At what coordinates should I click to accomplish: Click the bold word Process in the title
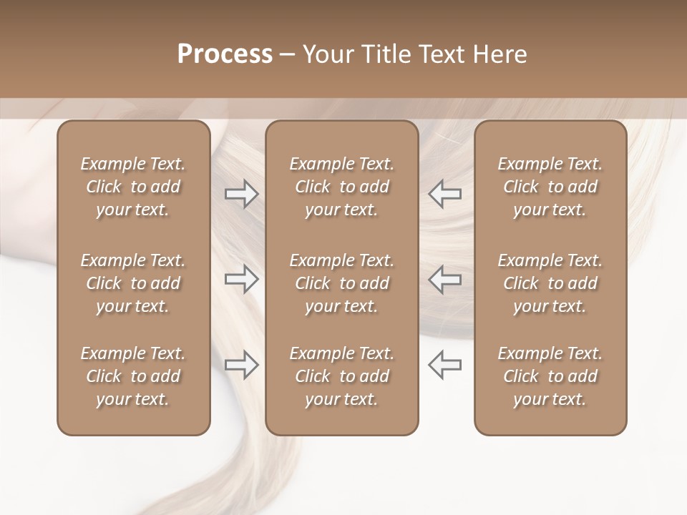click(x=225, y=54)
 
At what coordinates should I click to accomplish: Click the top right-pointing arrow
click(x=241, y=194)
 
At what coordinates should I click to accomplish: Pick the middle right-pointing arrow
click(x=241, y=279)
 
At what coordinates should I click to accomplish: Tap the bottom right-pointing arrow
click(x=241, y=365)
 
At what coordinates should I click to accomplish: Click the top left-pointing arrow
click(x=444, y=194)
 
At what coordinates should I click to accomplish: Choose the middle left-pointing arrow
click(x=444, y=279)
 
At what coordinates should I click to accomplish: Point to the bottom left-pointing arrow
click(x=444, y=365)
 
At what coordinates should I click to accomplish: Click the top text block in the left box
click(x=133, y=187)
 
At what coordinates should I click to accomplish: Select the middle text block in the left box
click(x=133, y=283)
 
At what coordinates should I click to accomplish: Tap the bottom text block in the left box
click(x=133, y=376)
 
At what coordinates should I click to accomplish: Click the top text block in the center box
click(x=341, y=187)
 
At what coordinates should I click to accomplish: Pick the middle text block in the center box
click(x=341, y=283)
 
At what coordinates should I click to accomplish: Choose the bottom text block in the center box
click(x=341, y=376)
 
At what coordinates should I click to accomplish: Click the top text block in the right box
click(x=550, y=187)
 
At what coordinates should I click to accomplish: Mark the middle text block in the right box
click(x=550, y=283)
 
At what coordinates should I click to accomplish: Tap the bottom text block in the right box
click(x=550, y=376)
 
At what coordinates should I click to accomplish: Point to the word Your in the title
click(x=327, y=54)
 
